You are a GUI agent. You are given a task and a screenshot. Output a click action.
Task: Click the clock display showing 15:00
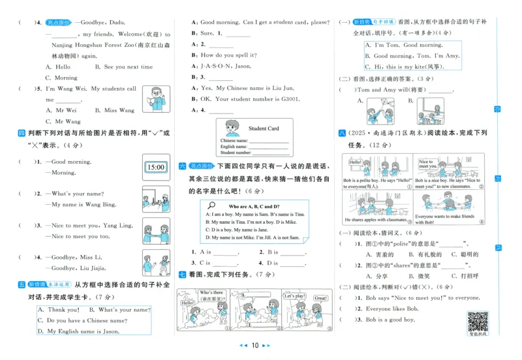(x=155, y=167)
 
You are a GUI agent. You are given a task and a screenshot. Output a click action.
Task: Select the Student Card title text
(x=264, y=128)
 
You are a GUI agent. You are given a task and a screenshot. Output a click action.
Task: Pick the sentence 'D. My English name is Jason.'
(x=78, y=331)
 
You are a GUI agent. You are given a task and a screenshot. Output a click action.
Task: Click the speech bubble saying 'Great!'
(x=320, y=298)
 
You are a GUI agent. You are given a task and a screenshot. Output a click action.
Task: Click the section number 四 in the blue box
(x=22, y=133)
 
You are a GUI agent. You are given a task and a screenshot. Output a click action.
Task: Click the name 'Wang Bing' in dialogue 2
(x=100, y=205)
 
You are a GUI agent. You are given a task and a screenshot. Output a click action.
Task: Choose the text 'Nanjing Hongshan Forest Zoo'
(x=80, y=45)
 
